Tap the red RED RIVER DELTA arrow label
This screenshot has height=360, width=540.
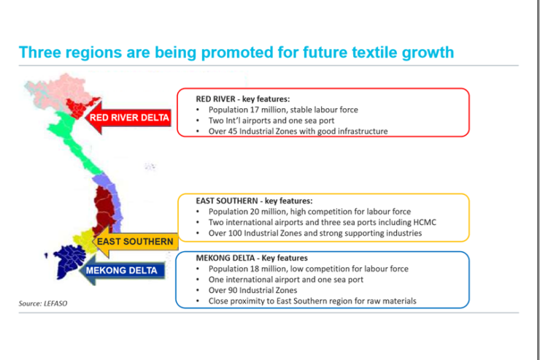128,118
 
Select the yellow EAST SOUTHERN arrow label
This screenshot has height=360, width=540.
135,242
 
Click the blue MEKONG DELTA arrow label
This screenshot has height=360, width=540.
122,270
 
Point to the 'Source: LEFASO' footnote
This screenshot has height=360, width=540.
43,304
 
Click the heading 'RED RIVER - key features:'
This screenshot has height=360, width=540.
243,99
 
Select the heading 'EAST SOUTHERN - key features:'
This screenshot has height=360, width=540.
254,201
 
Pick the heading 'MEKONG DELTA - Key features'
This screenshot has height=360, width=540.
252,258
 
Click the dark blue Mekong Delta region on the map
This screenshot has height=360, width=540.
68,261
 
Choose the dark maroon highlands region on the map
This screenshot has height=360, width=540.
104,208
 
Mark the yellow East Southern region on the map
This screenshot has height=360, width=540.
85,240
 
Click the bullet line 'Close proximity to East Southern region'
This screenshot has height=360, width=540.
312,301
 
